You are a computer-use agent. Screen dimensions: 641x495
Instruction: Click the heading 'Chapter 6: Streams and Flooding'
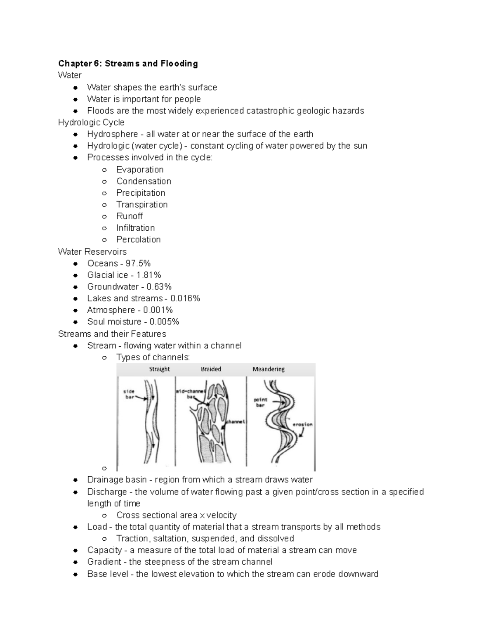(x=128, y=64)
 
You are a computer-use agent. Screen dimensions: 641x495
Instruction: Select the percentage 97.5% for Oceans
(x=138, y=263)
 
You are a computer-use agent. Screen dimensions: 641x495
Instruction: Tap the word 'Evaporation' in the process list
(x=140, y=170)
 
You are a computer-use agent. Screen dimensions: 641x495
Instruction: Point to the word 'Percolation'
(x=138, y=239)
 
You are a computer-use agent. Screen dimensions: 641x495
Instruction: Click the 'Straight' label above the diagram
(x=159, y=369)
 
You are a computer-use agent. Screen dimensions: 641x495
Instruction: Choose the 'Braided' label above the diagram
(x=211, y=369)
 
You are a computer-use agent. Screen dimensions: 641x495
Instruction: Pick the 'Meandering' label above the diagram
(x=269, y=369)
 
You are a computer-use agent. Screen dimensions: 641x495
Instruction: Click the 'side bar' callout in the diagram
(x=129, y=394)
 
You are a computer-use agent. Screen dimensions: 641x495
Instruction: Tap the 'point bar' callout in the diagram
(x=260, y=402)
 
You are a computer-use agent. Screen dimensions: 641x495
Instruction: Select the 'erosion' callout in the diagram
(x=302, y=424)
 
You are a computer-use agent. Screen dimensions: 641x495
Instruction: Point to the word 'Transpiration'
(x=142, y=205)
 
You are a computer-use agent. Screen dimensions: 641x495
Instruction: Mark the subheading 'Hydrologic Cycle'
(x=91, y=123)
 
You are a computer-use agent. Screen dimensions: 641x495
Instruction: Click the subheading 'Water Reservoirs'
(x=92, y=252)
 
